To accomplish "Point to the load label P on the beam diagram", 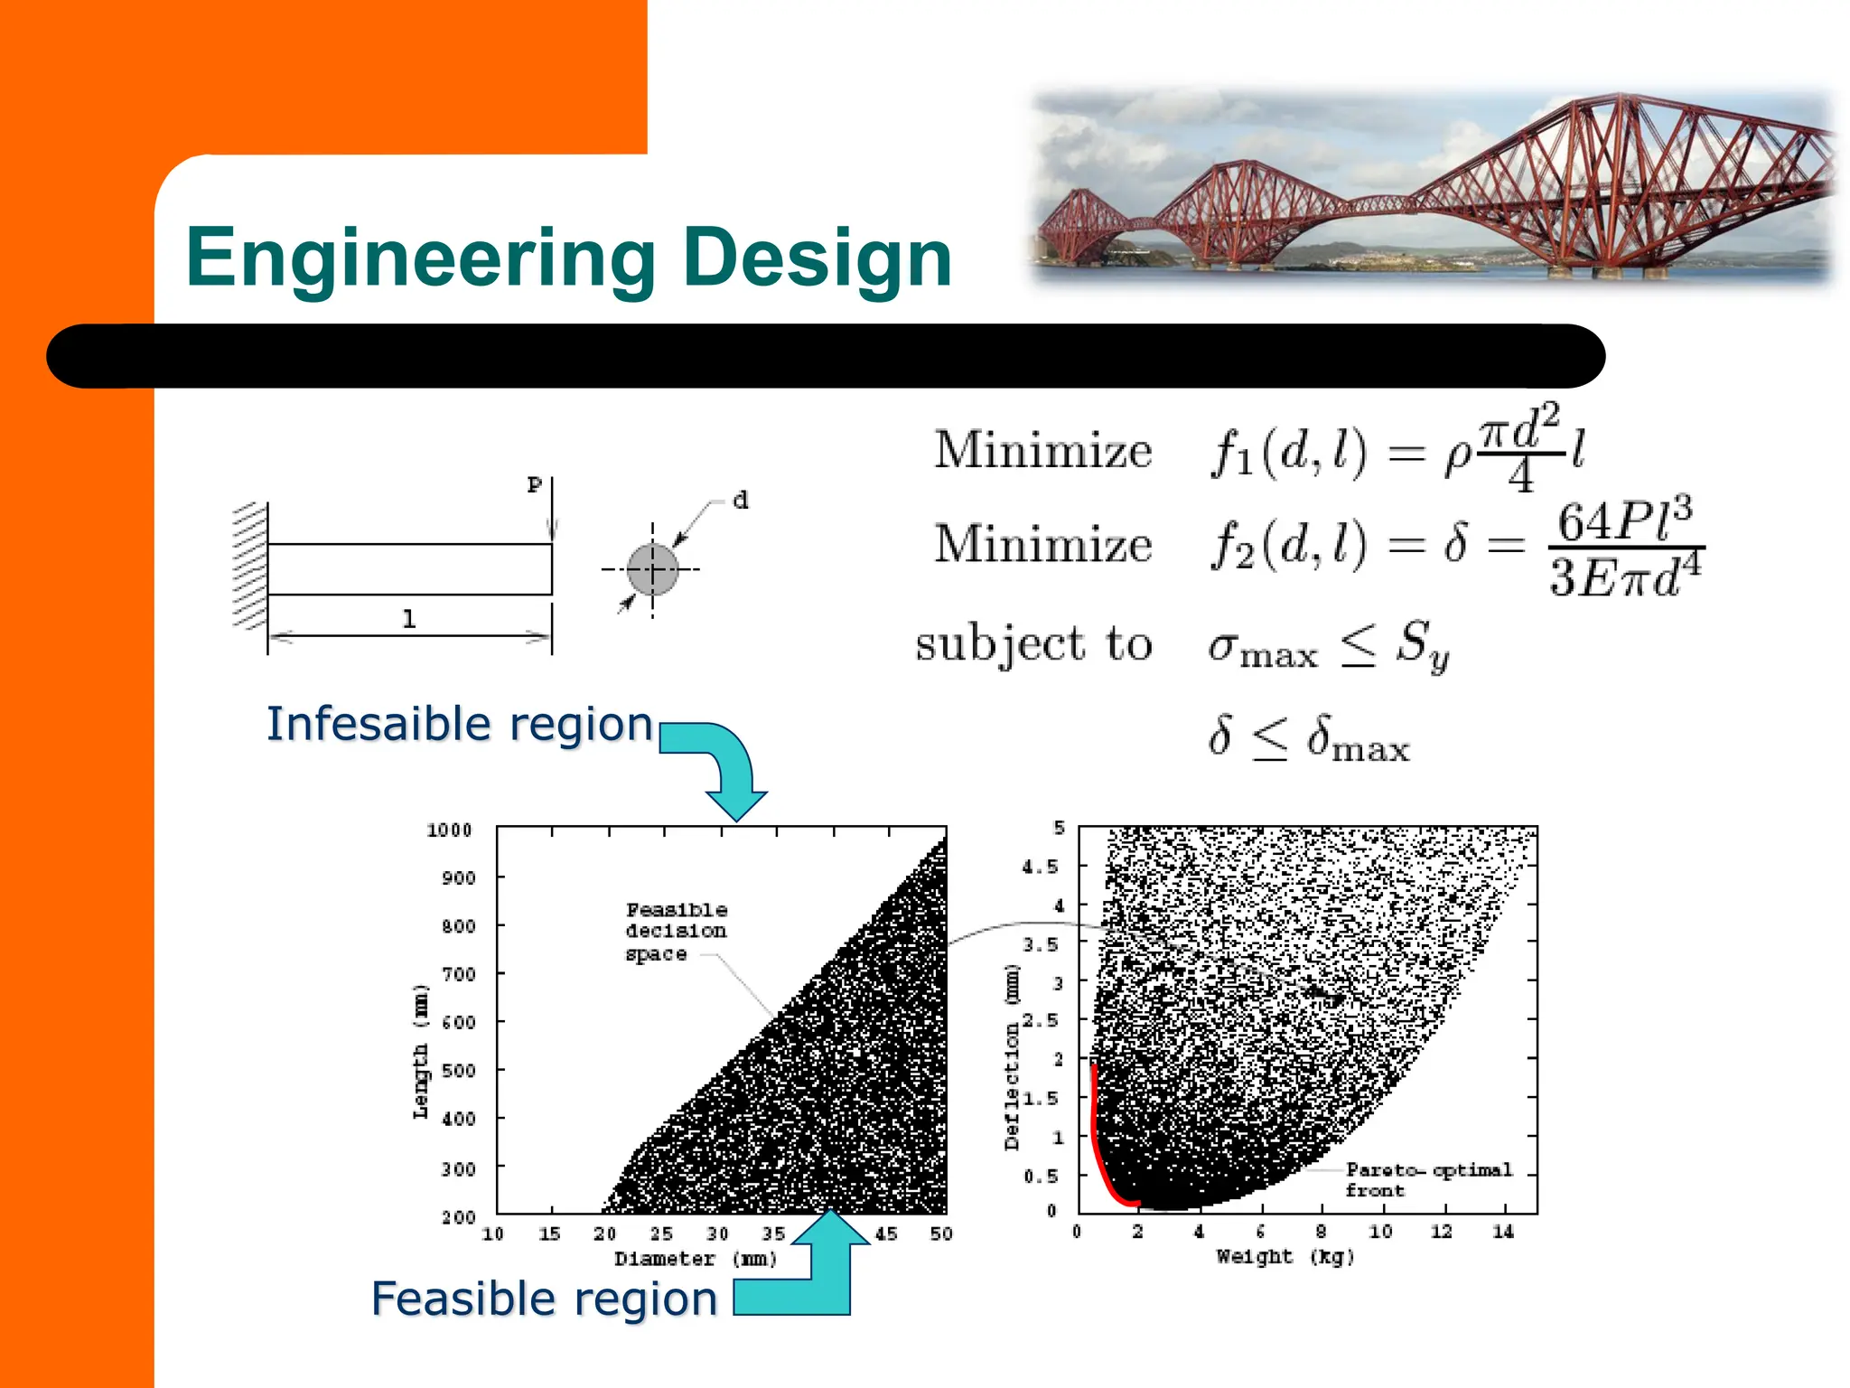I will click(535, 485).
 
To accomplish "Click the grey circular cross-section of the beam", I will click(652, 569).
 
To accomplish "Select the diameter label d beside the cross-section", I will click(741, 500).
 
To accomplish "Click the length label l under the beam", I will click(409, 619).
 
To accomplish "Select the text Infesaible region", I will click(460, 724).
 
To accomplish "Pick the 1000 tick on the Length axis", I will click(449, 830).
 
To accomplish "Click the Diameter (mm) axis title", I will click(696, 1259).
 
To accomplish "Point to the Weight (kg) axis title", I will click(1285, 1256).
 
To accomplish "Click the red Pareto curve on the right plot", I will click(1098, 1148).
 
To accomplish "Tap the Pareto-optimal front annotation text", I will click(1427, 1180).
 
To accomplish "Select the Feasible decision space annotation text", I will click(676, 932).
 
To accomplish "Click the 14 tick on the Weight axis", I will click(1502, 1232).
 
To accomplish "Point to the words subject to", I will click(1033, 644).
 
